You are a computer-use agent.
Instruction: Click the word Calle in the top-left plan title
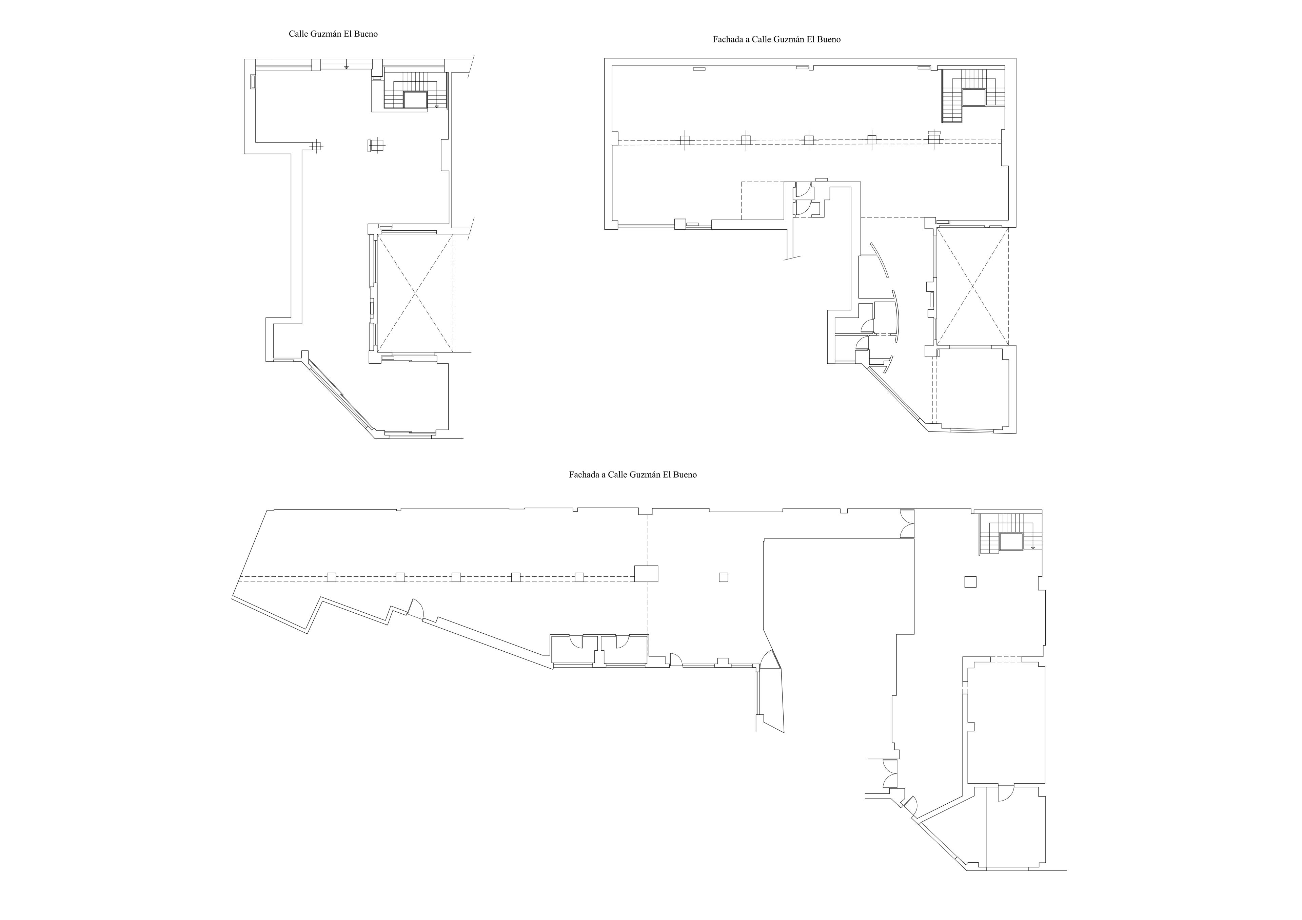(298, 34)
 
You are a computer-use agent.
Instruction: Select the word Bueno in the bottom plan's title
(685, 475)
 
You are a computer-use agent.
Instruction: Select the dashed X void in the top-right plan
(972, 286)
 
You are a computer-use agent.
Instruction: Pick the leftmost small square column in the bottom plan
(332, 577)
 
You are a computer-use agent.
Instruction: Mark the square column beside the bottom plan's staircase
(971, 582)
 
